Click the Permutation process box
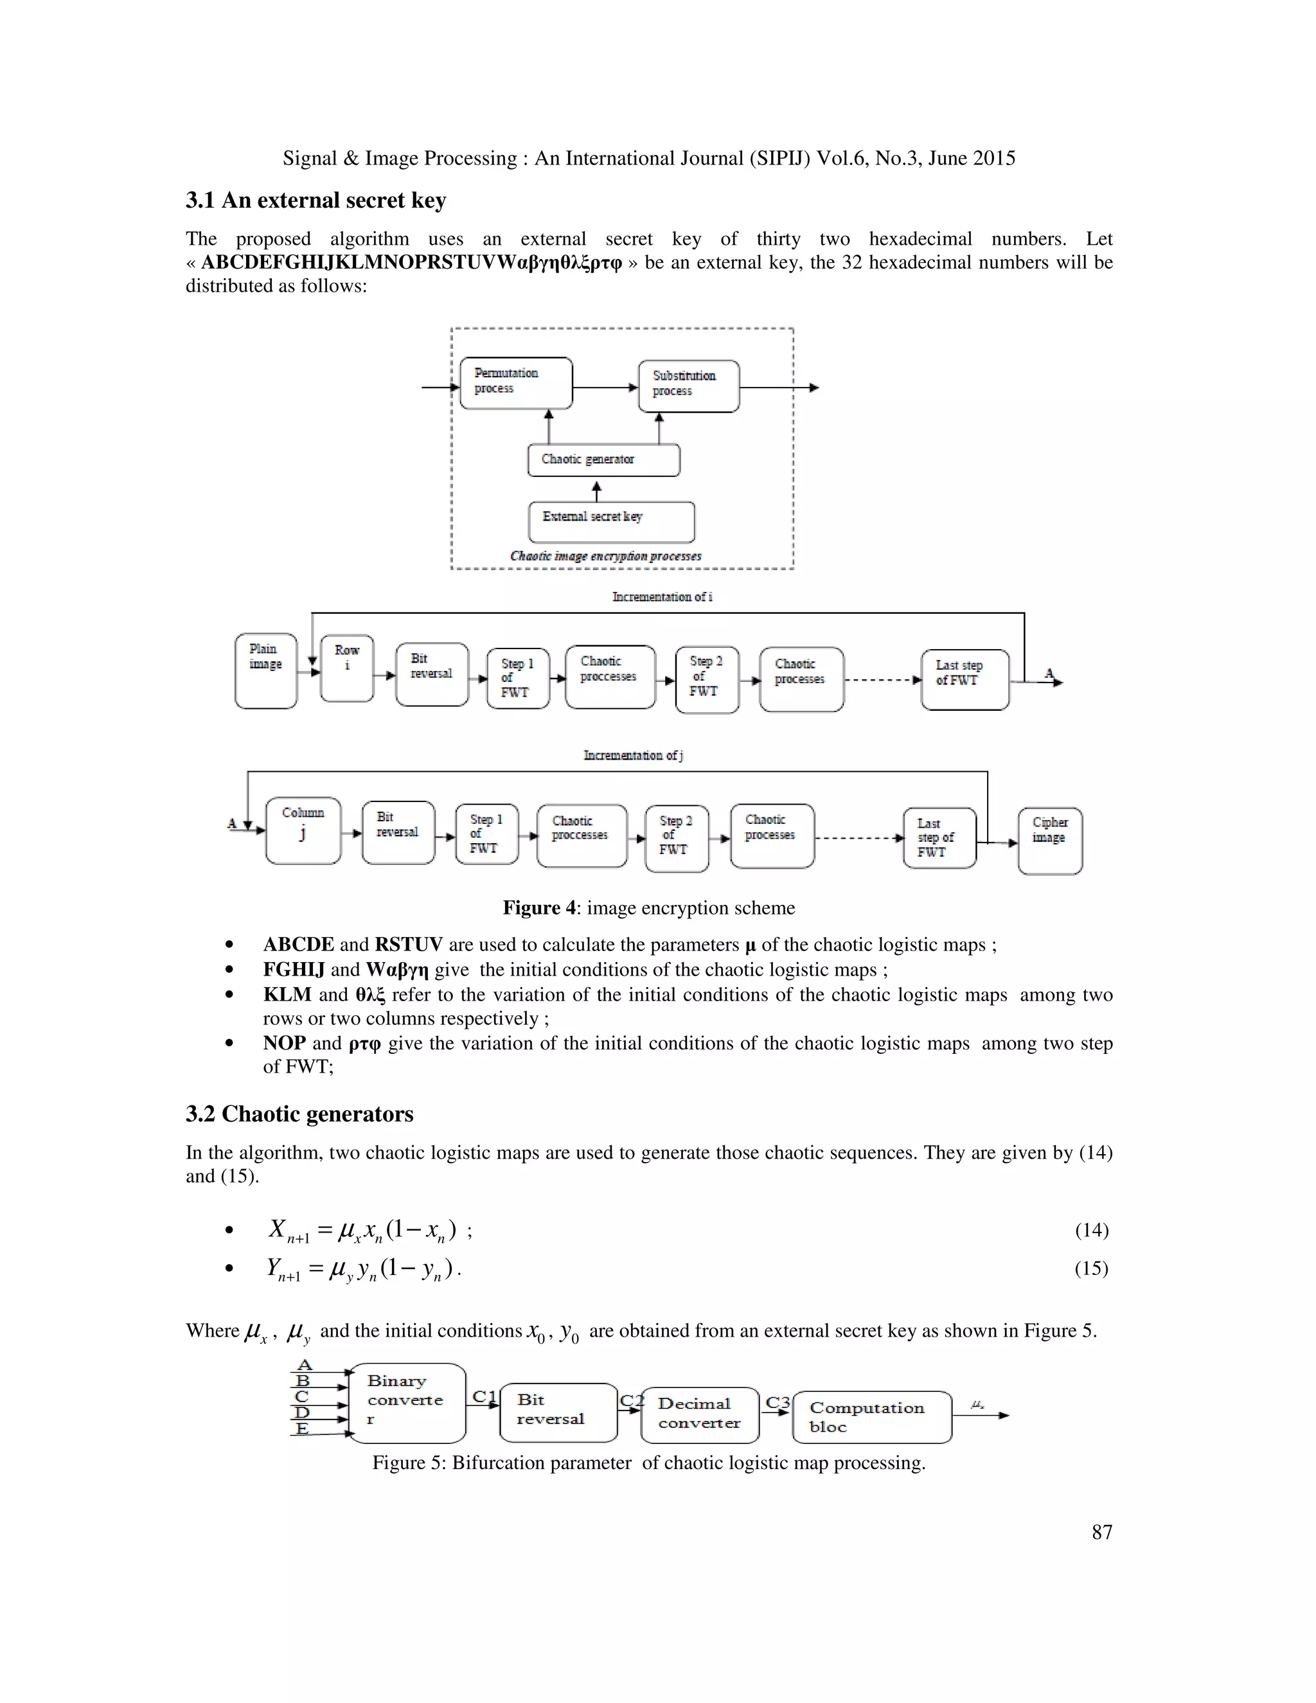(515, 383)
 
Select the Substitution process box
(688, 386)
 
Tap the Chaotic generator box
(603, 460)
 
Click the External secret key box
(611, 522)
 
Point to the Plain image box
(266, 670)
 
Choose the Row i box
(347, 668)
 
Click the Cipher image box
(1049, 841)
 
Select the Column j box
(303, 830)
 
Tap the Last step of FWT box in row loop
(965, 679)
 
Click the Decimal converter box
(699, 1414)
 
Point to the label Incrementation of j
(633, 755)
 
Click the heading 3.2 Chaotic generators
(299, 1114)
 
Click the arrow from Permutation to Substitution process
(605, 388)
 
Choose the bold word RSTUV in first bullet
(409, 944)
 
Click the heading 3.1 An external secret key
(316, 201)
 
